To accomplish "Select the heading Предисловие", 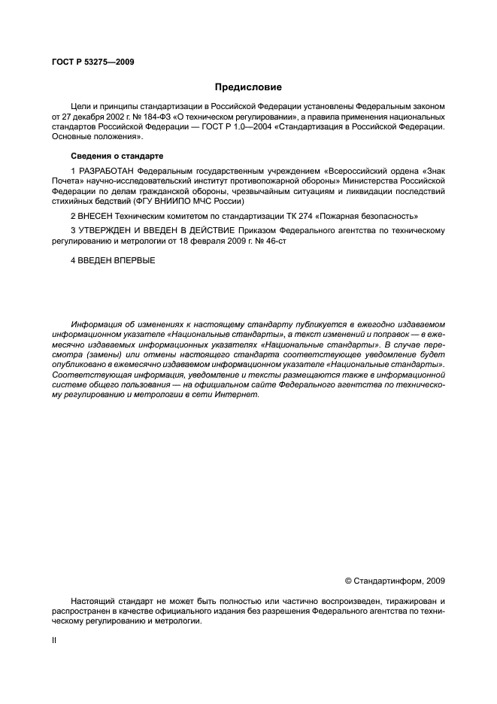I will click(x=248, y=87).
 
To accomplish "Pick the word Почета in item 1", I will click(x=68, y=181).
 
